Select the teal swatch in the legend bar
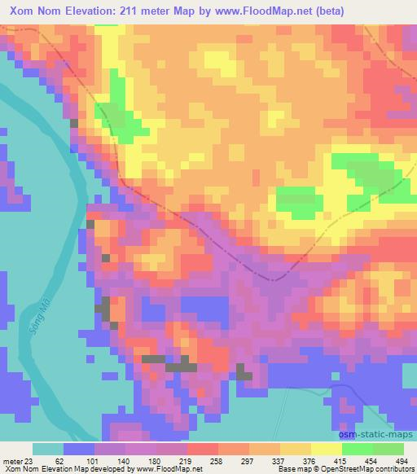click(x=48, y=449)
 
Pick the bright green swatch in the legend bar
click(x=358, y=449)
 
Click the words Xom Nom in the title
click(x=33, y=11)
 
